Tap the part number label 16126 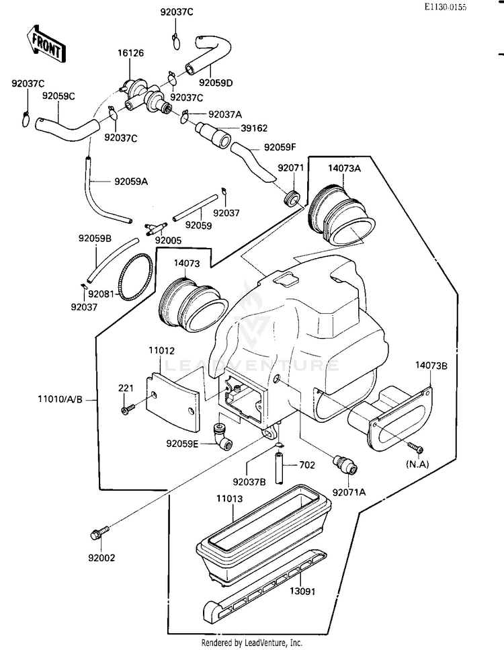[130, 53]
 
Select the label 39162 [254, 128]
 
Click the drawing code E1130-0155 [445, 7]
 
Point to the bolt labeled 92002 [99, 532]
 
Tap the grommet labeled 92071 [292, 198]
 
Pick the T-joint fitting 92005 [156, 229]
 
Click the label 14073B [431, 366]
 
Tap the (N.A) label [417, 464]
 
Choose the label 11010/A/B [60, 400]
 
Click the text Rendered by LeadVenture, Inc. [251, 643]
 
